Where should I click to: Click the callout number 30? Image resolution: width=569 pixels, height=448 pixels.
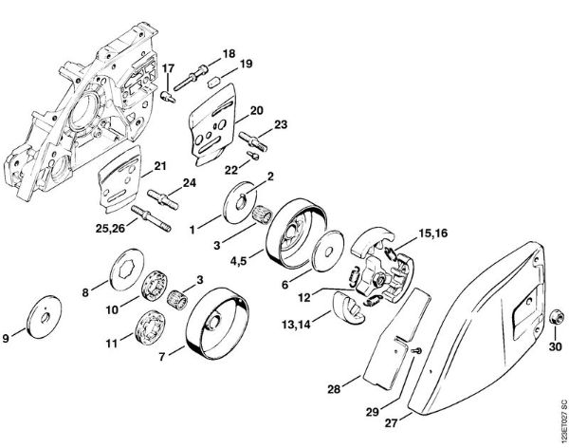pos(556,345)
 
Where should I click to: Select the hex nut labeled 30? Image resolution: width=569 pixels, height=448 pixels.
pos(554,317)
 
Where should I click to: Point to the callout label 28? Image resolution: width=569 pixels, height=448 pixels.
pos(333,387)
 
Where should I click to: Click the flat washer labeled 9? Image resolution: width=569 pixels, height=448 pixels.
pos(43,314)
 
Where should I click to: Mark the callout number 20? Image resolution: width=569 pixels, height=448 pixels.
pos(256,110)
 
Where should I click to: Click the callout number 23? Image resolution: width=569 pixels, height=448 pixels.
pos(280,124)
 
